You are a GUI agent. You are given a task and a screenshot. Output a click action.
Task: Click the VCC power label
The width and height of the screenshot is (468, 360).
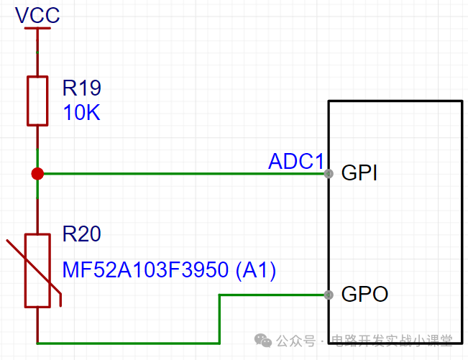click(37, 15)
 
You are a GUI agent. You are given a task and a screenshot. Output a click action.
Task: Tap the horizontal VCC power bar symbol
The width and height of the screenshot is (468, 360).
click(37, 28)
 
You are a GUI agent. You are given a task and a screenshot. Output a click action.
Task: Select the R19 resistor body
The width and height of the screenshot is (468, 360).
click(37, 101)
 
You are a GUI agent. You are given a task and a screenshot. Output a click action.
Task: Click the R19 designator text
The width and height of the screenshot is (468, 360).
click(82, 88)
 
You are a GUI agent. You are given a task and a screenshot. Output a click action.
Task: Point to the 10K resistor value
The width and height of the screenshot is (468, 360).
click(81, 112)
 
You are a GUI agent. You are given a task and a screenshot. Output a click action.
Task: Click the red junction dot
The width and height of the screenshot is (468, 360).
click(37, 174)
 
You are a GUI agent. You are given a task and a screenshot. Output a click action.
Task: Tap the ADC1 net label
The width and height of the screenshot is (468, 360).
click(295, 162)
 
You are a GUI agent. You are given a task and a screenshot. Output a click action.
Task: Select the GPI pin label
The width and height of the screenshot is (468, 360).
click(359, 172)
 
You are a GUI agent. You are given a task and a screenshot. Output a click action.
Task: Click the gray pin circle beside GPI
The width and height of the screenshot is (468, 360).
click(329, 174)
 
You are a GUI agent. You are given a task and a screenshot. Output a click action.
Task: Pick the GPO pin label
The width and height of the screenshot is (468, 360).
click(364, 294)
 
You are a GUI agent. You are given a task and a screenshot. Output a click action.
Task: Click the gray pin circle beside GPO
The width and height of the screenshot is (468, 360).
click(329, 295)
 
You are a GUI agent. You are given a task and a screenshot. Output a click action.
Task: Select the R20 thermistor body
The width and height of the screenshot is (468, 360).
click(37, 270)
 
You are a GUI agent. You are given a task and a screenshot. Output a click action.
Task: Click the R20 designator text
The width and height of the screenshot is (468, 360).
click(82, 234)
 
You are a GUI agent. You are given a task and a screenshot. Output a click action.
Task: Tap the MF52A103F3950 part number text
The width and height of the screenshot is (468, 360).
click(146, 270)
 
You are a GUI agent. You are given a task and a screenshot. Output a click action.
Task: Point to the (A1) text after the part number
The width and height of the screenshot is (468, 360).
click(256, 270)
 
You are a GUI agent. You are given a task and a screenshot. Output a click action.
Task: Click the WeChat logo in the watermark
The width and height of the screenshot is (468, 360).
click(263, 341)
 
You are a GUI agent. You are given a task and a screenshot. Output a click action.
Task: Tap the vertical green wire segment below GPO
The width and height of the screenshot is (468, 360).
click(219, 319)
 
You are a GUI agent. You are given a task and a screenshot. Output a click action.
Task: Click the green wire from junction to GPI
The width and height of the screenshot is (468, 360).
click(184, 174)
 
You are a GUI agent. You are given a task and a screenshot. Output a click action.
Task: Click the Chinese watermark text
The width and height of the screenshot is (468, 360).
click(364, 341)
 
